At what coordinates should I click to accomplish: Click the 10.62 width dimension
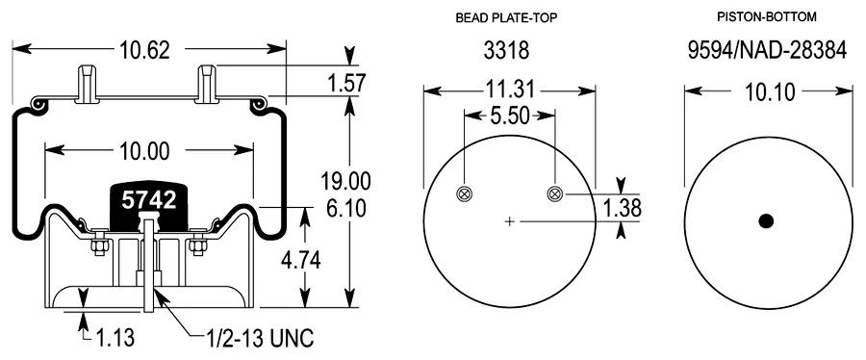[x=145, y=50]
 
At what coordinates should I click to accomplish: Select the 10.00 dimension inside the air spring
[x=144, y=150]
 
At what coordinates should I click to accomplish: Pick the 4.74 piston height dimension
[x=300, y=260]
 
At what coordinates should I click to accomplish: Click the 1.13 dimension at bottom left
[x=115, y=337]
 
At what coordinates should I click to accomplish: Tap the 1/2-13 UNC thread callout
[x=260, y=337]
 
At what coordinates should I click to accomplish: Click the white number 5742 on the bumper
[x=149, y=200]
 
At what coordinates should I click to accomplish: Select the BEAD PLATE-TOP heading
[x=506, y=18]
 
